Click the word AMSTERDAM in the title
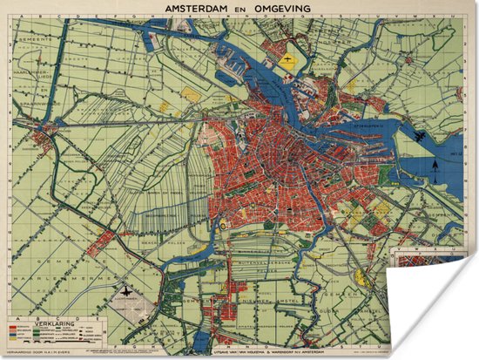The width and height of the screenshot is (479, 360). point(195,7)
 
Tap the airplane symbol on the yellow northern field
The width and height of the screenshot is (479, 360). point(288,61)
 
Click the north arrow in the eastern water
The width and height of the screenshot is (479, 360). point(435,166)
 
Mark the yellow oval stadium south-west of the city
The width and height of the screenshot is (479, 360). point(224,224)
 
